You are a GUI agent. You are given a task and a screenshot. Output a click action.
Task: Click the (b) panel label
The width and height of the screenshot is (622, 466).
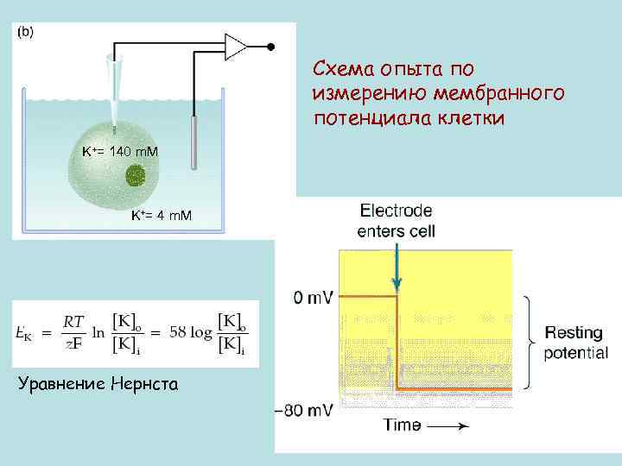25,33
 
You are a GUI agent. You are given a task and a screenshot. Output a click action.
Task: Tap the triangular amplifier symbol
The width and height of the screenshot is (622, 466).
236,46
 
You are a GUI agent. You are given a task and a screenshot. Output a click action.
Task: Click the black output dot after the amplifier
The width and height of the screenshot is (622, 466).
270,46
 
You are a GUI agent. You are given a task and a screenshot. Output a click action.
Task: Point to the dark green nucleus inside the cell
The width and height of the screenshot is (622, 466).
136,177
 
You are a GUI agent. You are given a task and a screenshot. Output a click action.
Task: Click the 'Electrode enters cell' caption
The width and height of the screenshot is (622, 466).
397,220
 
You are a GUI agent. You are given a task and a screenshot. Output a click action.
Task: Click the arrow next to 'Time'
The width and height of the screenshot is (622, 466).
448,425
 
